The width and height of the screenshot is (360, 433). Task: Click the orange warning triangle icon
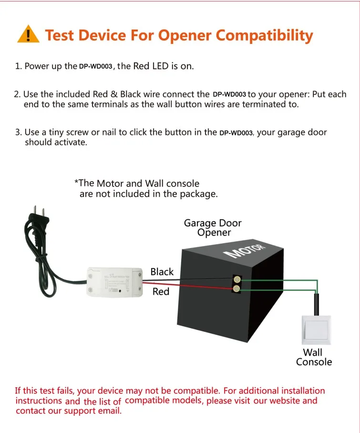point(28,35)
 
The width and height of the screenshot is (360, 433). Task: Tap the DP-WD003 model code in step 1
point(95,67)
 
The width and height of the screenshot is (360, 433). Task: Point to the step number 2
point(17,94)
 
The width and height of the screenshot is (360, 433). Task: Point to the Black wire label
point(162,272)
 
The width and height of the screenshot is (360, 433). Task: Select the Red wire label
point(161,291)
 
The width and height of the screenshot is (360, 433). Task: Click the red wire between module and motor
point(191,287)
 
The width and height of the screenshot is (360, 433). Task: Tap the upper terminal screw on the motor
point(236,279)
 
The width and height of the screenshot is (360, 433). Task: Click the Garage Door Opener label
point(213,228)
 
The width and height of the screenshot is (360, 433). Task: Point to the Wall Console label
point(313,357)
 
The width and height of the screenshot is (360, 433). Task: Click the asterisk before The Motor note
point(76,183)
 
